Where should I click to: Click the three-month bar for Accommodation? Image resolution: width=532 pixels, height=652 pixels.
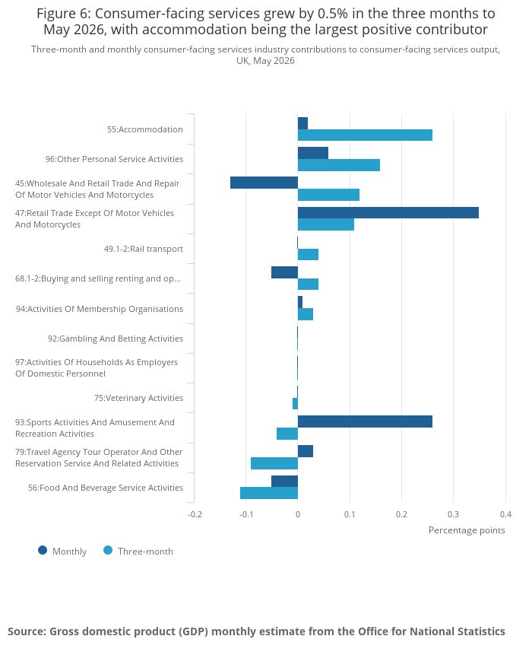pyautogui.click(x=365, y=135)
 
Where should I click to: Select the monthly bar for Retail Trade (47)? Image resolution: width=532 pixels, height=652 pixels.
pyautogui.click(x=388, y=212)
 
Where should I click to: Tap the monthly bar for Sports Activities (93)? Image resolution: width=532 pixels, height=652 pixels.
pyautogui.click(x=365, y=421)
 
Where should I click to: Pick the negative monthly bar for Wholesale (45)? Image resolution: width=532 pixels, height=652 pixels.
pyautogui.click(x=264, y=183)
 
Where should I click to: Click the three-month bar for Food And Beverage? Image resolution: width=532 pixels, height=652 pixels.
pyautogui.click(x=269, y=493)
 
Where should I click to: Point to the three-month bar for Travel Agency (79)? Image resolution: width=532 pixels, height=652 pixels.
pyautogui.click(x=274, y=463)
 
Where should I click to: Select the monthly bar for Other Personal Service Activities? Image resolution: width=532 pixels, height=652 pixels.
pyautogui.click(x=313, y=153)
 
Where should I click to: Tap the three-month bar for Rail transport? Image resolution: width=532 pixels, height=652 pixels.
pyautogui.click(x=308, y=254)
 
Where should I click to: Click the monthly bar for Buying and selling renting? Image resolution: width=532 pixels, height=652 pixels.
pyautogui.click(x=284, y=272)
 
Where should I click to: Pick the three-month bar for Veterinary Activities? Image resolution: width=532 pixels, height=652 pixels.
pyautogui.click(x=296, y=404)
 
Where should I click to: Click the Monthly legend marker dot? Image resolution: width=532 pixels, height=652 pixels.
pyautogui.click(x=43, y=551)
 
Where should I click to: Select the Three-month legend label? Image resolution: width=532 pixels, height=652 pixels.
pyautogui.click(x=145, y=552)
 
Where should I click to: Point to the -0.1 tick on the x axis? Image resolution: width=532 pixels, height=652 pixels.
pyautogui.click(x=246, y=514)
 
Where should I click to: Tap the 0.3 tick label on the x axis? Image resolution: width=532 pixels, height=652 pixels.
pyautogui.click(x=454, y=514)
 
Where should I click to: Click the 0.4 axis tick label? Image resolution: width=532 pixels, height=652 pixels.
pyautogui.click(x=506, y=514)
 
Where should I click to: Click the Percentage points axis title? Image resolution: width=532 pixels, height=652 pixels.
pyautogui.click(x=467, y=530)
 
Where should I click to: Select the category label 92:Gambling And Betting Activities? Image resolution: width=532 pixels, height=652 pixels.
pyautogui.click(x=116, y=339)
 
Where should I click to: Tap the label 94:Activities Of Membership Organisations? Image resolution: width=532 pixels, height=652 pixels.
pyautogui.click(x=100, y=309)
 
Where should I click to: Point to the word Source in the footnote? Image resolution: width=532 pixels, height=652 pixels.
pyautogui.click(x=27, y=631)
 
